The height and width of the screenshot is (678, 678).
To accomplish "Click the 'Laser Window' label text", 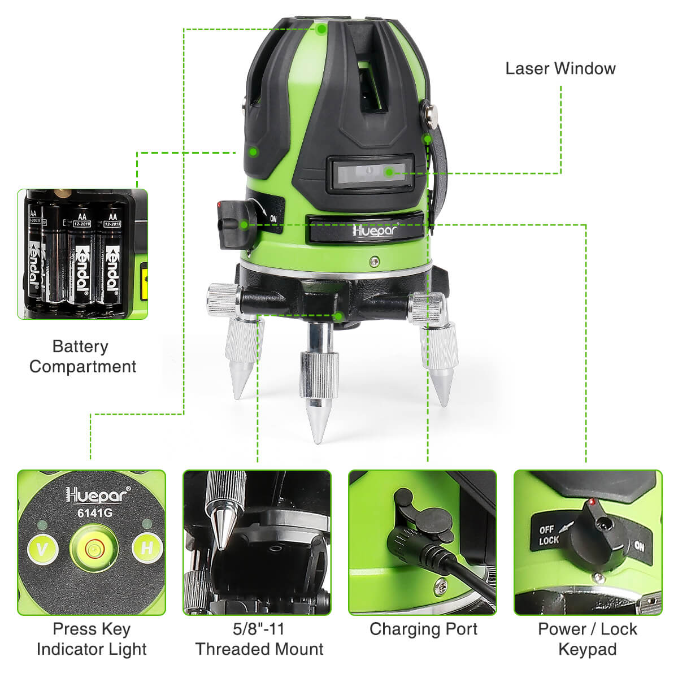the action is click(560, 68).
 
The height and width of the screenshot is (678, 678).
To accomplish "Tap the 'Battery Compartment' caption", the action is click(82, 356).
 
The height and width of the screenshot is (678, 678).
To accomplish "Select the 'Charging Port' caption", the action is click(423, 629).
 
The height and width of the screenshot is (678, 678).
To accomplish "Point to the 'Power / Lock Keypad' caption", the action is click(588, 639).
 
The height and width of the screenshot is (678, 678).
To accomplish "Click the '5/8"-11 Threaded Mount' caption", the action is click(259, 639).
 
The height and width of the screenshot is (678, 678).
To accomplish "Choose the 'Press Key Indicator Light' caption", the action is click(92, 639).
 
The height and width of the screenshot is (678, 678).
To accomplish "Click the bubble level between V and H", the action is click(94, 548).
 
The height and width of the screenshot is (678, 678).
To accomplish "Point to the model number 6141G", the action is click(95, 514).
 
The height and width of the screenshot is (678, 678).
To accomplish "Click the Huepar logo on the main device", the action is click(375, 229).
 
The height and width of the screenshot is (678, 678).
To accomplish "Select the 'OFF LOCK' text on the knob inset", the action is click(549, 535).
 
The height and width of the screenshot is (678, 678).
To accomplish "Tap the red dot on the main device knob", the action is click(219, 205).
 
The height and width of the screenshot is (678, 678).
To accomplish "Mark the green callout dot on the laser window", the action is click(389, 172).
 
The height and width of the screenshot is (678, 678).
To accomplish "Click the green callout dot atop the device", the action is click(321, 29).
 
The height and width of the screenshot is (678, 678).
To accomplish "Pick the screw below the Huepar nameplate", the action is click(375, 261).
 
